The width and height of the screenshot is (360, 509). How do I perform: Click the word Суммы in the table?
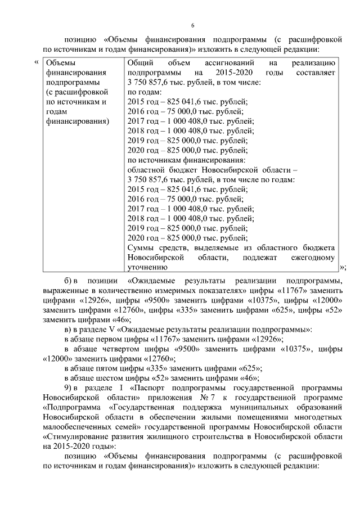click(x=140, y=248)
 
